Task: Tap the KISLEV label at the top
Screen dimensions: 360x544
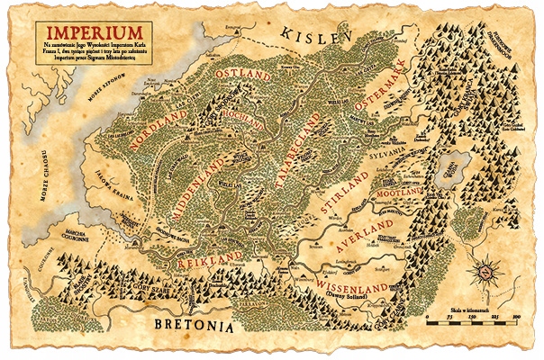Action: click(x=313, y=34)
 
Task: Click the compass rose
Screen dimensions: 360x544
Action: click(x=487, y=268)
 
